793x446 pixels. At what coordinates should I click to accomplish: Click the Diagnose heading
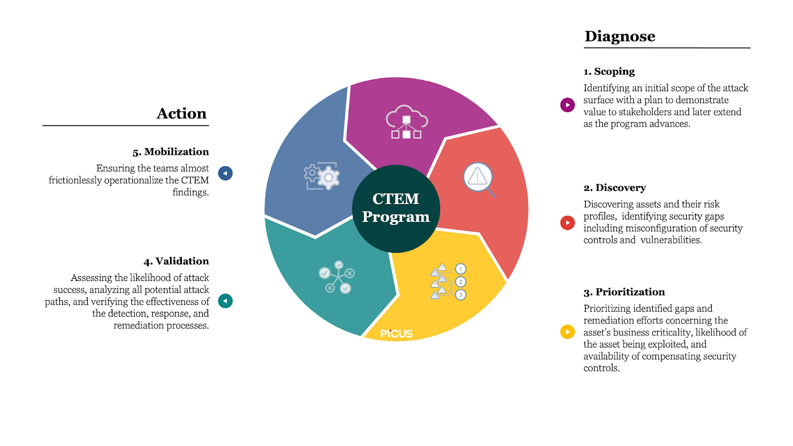620,36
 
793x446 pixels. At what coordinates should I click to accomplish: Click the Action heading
181,113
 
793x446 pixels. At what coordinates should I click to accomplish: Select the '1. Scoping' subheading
609,71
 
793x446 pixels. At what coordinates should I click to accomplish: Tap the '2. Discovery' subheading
615,188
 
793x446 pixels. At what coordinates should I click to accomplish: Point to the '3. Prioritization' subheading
624,292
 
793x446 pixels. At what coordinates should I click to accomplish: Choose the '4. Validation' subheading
176,261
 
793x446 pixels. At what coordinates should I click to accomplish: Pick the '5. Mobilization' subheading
170,152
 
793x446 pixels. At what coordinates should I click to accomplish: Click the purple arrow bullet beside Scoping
567,105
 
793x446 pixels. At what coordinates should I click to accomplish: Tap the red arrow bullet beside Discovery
567,223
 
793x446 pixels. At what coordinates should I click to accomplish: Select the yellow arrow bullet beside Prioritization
567,332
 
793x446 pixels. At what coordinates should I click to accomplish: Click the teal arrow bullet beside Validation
225,301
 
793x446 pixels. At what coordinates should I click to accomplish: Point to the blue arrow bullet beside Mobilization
225,173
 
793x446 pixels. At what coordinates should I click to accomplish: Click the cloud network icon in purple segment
406,121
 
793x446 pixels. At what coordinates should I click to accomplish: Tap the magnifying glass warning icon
479,178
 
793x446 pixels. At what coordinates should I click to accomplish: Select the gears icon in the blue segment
322,176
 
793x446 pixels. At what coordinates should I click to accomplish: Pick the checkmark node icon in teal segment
337,278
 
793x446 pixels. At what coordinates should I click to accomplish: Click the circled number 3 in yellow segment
460,295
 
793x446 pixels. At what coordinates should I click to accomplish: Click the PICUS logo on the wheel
396,334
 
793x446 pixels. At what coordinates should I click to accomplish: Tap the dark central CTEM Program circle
396,208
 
